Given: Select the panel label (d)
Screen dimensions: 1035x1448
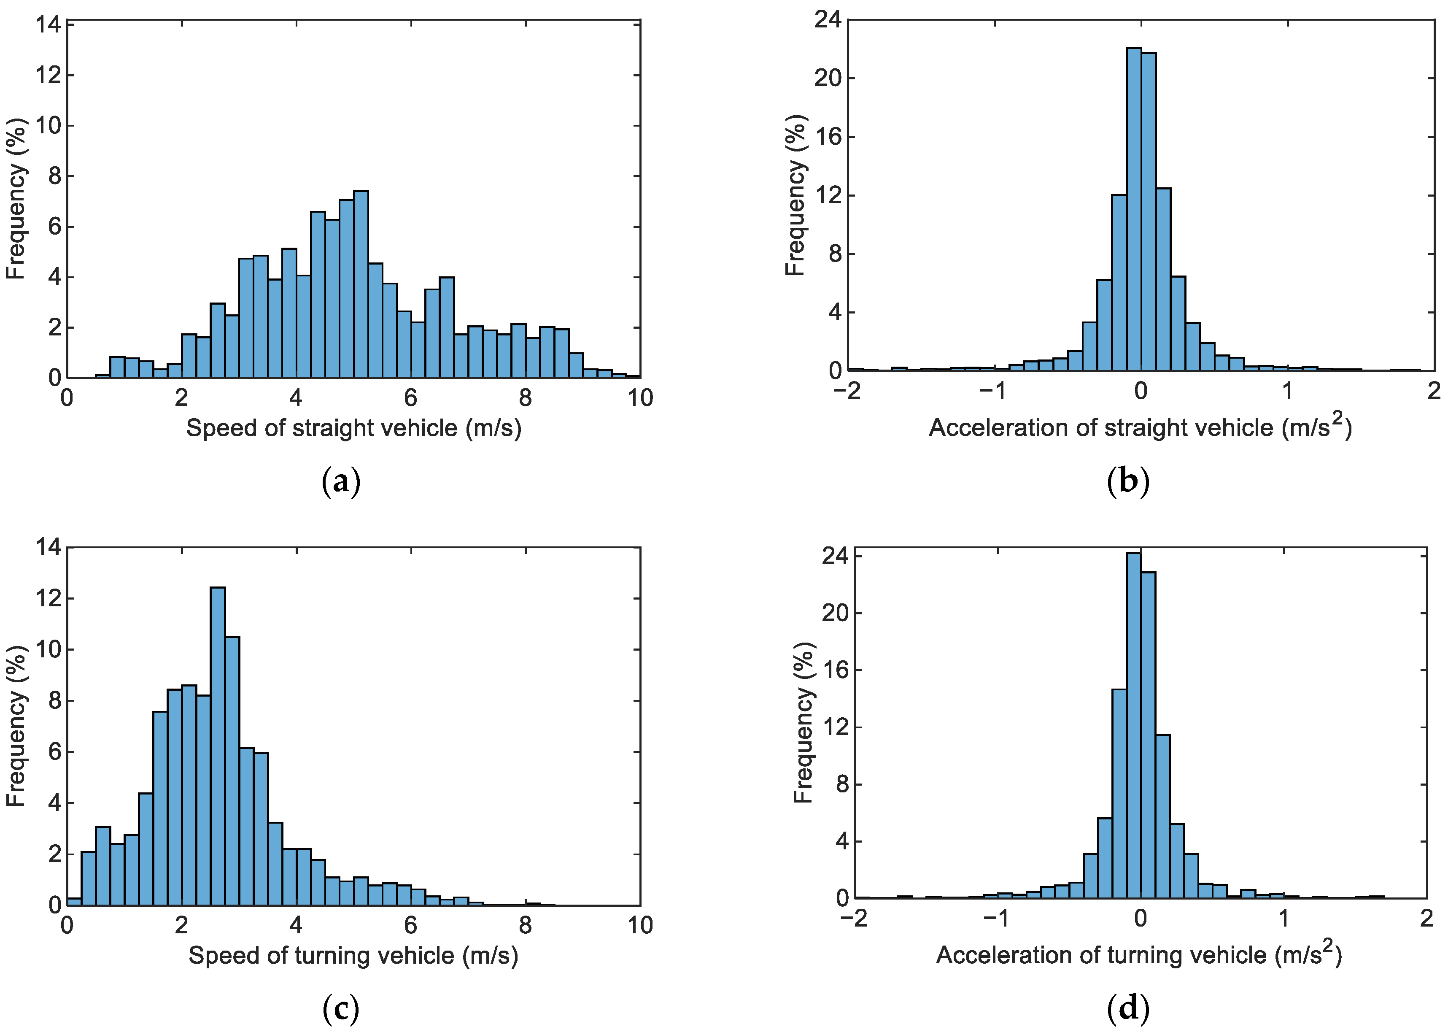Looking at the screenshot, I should [x=1128, y=1009].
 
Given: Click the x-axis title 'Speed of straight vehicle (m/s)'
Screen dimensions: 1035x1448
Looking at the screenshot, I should [x=353, y=428].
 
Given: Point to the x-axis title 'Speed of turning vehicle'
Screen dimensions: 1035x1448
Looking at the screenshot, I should [x=353, y=955].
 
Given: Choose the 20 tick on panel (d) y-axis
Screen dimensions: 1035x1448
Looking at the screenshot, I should [x=835, y=613].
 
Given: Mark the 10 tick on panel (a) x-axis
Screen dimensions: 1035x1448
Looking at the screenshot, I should [x=639, y=398].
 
